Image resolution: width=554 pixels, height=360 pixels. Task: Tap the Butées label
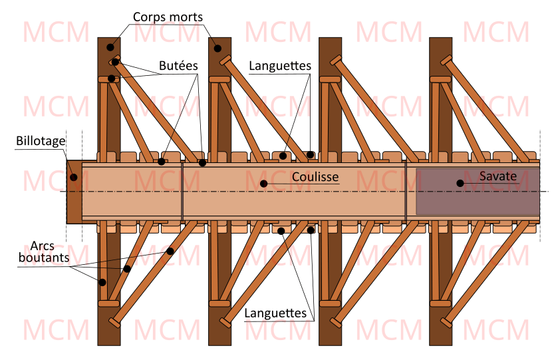pos(178,66)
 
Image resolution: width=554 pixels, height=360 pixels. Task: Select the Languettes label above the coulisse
pos(280,66)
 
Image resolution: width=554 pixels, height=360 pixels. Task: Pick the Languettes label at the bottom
pos(275,313)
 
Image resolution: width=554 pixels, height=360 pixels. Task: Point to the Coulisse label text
pos(315,177)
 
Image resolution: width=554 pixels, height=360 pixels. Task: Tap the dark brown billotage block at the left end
pos(74,200)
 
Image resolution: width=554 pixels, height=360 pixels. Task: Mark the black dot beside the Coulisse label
pos(263,183)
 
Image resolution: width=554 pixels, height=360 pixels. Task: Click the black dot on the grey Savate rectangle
pos(459,182)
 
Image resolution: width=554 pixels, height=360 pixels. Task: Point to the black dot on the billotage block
pos(74,177)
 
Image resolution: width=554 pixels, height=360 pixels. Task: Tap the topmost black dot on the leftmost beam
pos(109,47)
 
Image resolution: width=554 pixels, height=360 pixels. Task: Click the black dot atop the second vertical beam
pos(217,48)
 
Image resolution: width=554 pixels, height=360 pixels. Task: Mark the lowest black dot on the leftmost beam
pos(102,282)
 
